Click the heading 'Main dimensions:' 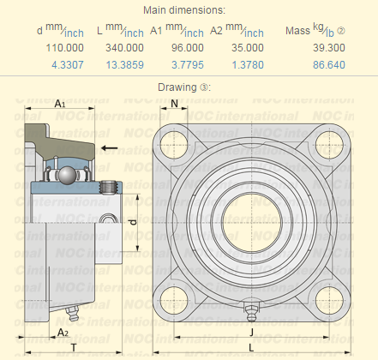click(x=185, y=10)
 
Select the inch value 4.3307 click(x=66, y=64)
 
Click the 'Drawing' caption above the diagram click(x=177, y=87)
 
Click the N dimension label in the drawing click(x=174, y=103)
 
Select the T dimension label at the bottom click(x=74, y=347)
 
